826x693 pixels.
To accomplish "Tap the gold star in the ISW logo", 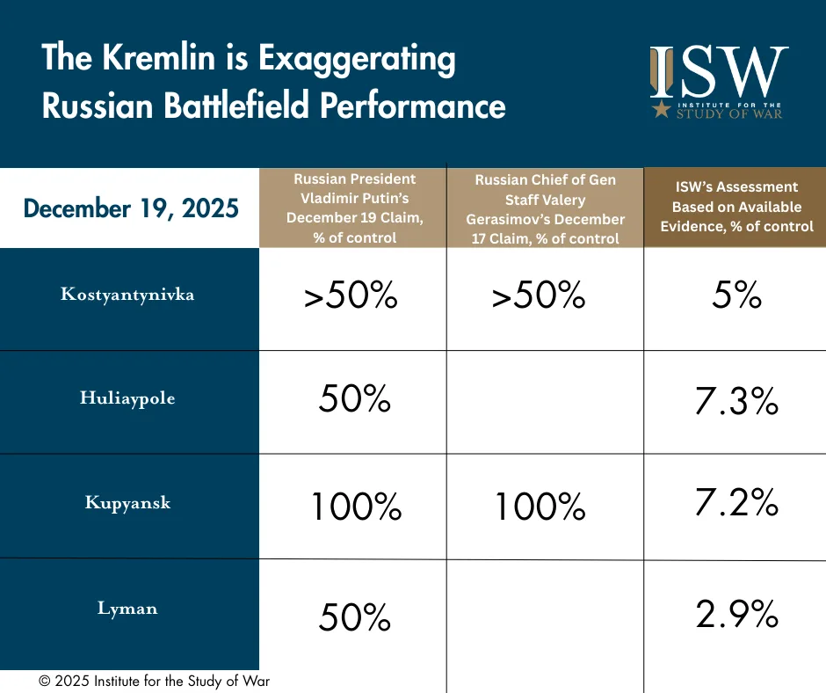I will tap(660, 110).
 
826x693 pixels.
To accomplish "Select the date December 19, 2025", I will tap(131, 208).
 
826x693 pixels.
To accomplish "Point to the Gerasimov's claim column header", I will tap(545, 208).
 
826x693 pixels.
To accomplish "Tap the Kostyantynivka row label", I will tap(127, 295).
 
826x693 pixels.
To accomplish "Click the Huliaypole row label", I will tap(127, 398).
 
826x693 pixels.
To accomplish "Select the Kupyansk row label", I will tap(127, 503).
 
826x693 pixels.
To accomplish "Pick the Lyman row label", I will tap(127, 608).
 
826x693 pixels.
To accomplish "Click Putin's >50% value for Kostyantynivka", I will tap(351, 297).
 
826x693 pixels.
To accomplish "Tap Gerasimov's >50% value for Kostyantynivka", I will tap(539, 297).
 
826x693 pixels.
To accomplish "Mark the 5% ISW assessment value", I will tap(736, 296).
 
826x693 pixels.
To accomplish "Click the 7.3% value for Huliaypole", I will tap(736, 402).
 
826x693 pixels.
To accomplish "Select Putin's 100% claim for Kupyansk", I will tap(356, 507).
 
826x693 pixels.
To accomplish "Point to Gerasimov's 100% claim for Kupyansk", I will tap(540, 507).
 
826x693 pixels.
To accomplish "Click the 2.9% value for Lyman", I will tap(736, 615).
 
